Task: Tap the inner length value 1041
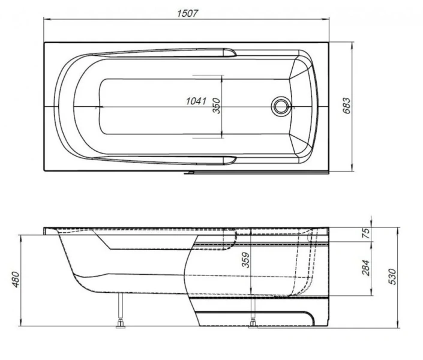[x=197, y=102]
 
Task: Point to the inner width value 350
[x=217, y=106]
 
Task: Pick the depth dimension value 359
[x=244, y=259]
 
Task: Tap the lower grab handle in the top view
[x=229, y=160]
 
